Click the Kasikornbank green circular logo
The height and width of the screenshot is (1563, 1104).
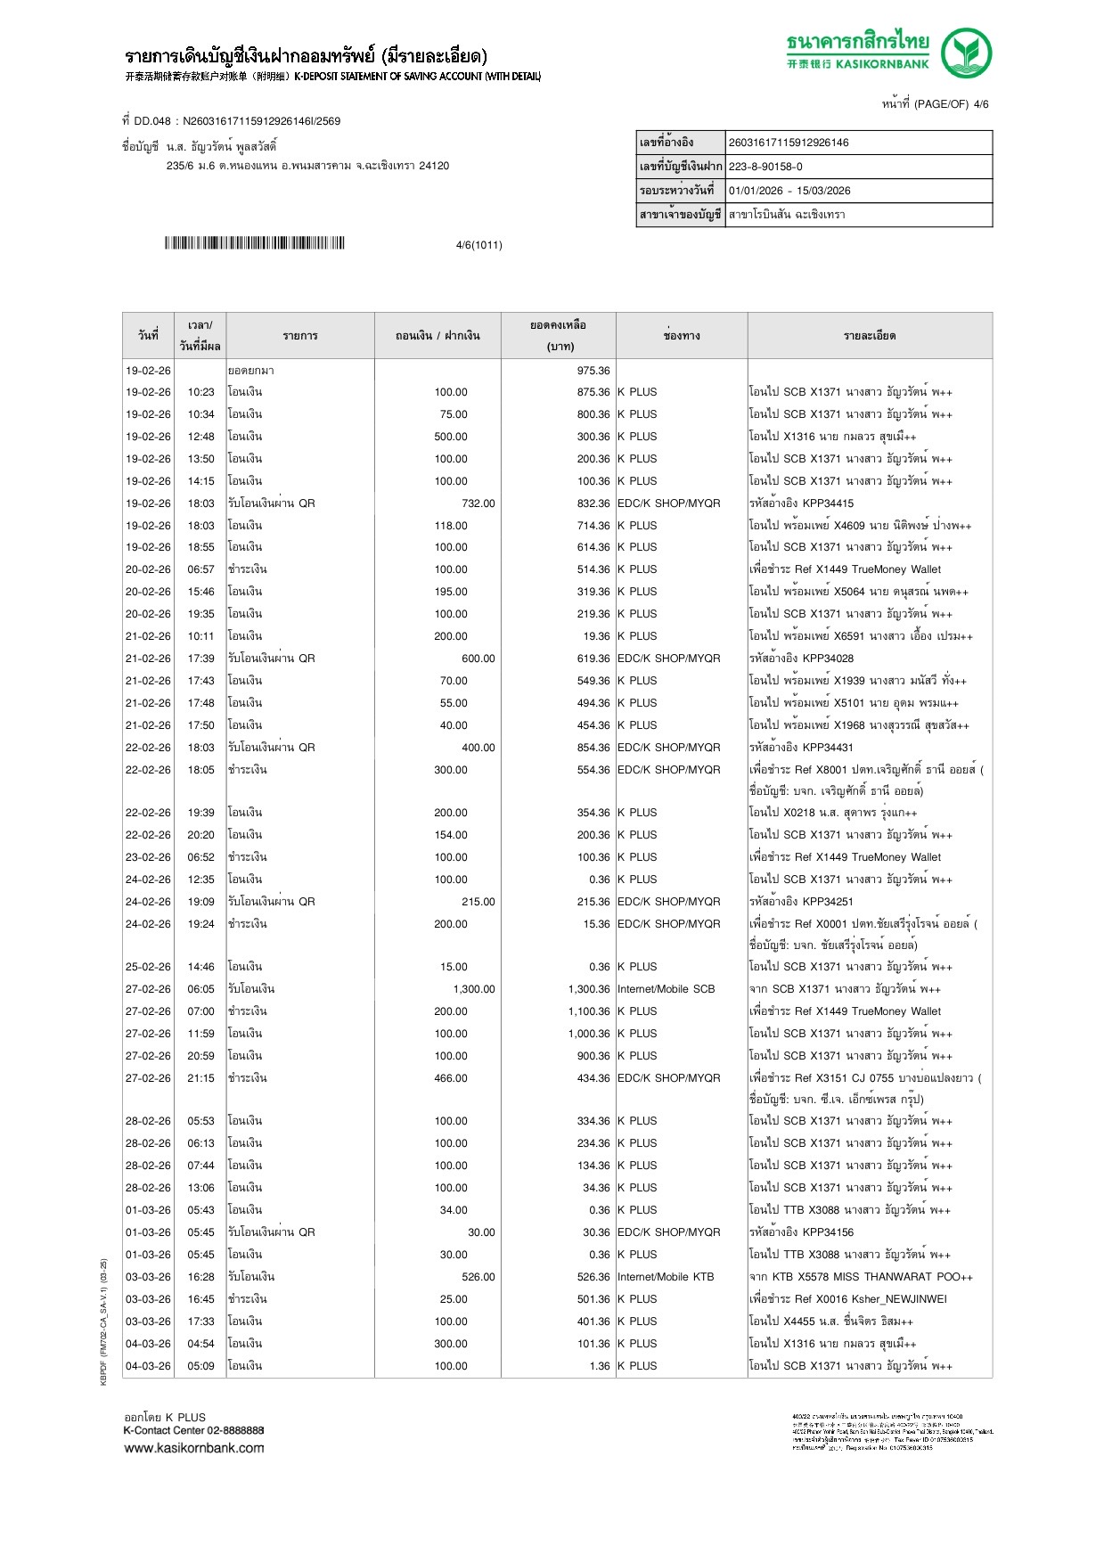(967, 53)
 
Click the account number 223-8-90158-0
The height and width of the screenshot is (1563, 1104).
(765, 167)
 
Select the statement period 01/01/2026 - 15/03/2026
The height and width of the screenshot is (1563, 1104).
(789, 191)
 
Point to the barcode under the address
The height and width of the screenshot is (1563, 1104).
(254, 243)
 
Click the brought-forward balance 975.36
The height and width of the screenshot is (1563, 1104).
(593, 371)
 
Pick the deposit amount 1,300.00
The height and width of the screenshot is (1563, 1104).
(474, 989)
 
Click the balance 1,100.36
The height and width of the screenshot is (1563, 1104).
(589, 1011)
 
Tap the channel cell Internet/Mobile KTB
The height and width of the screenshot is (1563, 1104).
(666, 1277)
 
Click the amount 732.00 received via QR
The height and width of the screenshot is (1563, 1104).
(478, 503)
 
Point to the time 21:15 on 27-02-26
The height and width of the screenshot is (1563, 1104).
(200, 1078)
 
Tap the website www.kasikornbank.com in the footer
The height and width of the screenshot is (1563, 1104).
(194, 1448)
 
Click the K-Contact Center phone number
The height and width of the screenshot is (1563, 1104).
(235, 1430)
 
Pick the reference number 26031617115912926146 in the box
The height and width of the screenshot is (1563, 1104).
(789, 143)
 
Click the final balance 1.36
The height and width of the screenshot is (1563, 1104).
(600, 1366)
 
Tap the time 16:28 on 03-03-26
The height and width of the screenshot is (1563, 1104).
(200, 1277)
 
